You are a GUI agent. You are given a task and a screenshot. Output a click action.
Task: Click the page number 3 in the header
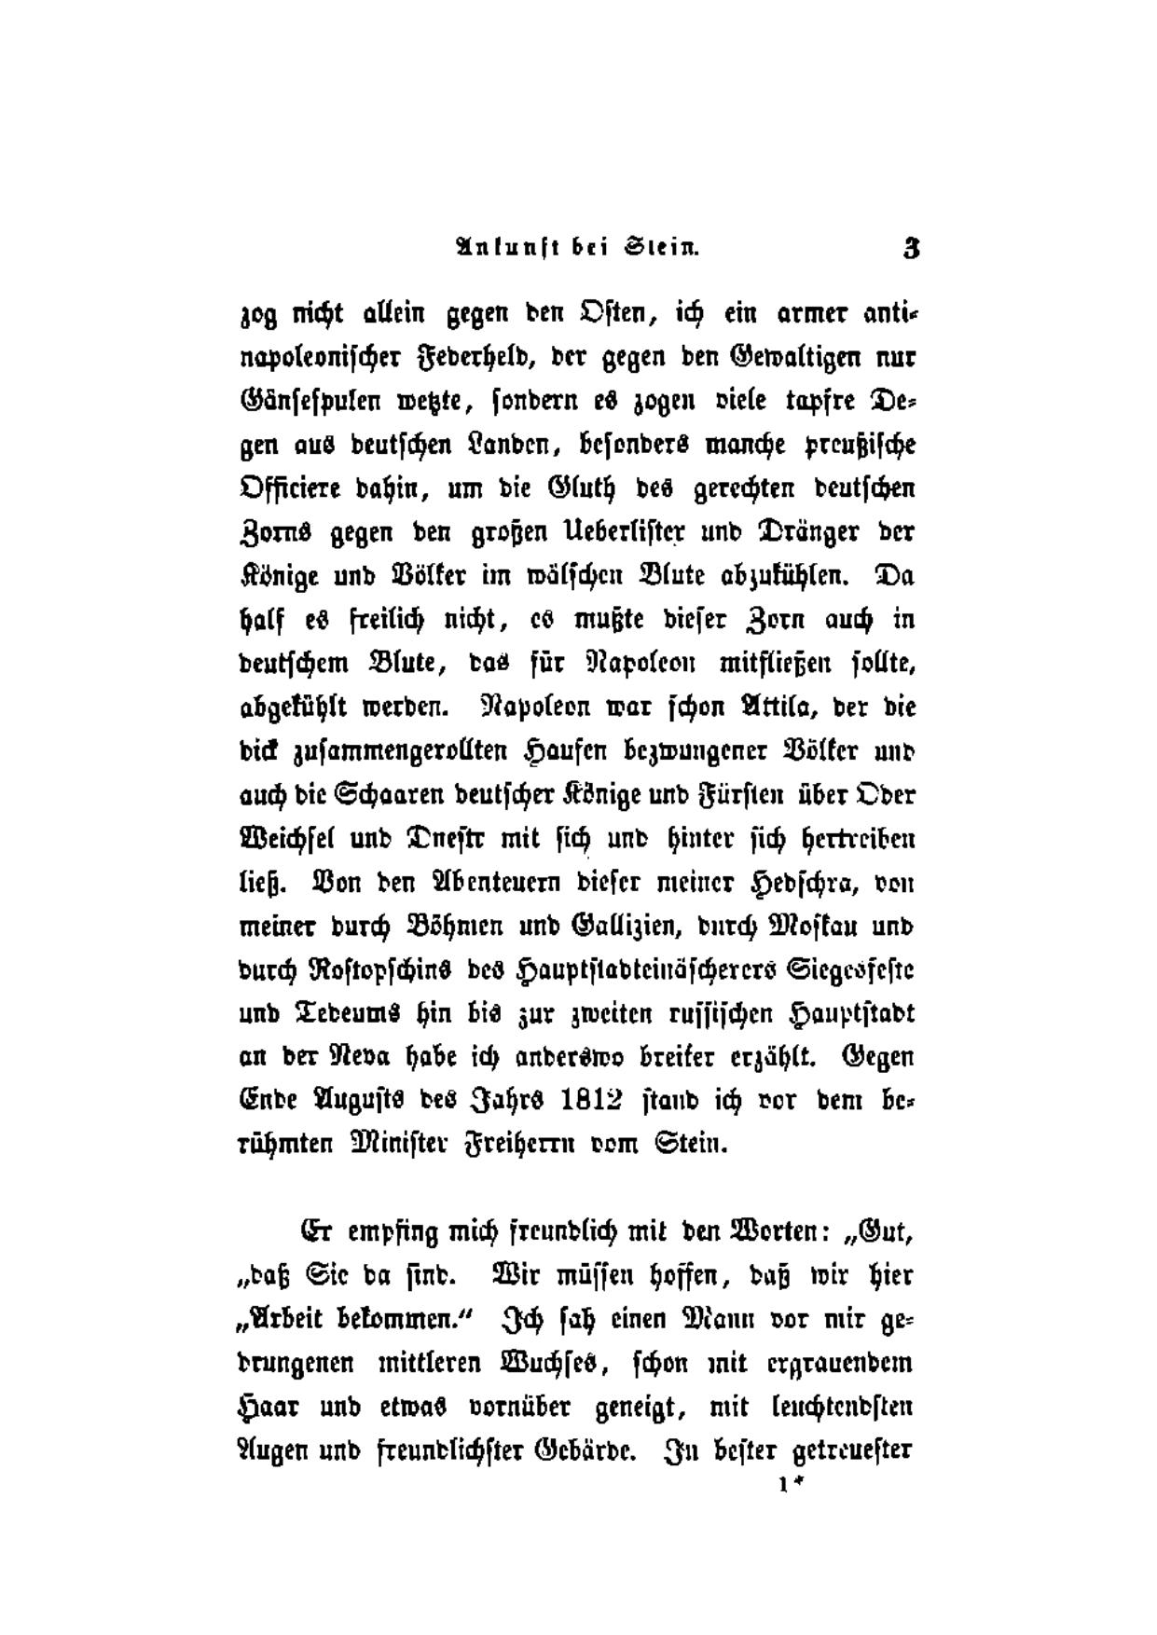coord(911,249)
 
